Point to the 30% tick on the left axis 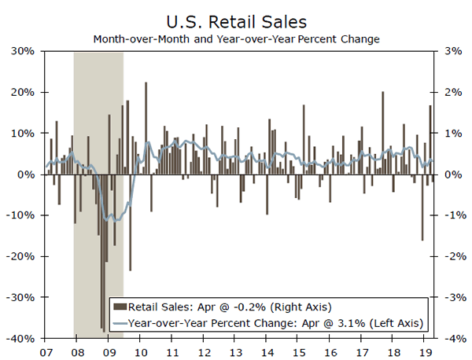tap(21, 51)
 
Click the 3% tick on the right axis tap(452, 51)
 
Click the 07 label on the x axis tap(46, 351)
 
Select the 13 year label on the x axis tap(236, 351)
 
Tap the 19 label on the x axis tap(426, 351)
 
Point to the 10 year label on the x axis tap(141, 351)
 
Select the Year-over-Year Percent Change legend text tap(275, 322)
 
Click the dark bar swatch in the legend tap(120, 307)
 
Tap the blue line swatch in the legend tap(120, 322)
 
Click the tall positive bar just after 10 tap(146, 126)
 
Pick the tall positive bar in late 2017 tap(383, 132)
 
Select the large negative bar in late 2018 tap(422, 207)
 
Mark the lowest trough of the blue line tap(116, 220)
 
